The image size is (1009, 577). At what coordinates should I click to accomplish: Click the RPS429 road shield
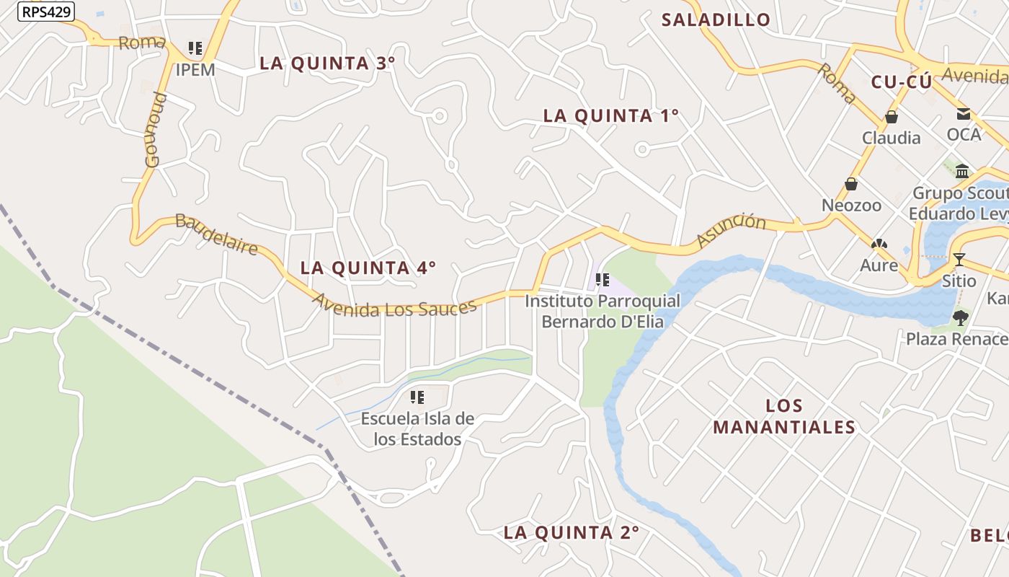[x=45, y=12]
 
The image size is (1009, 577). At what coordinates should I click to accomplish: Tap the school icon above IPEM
[x=195, y=48]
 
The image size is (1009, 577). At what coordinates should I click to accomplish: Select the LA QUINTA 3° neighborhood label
[x=327, y=63]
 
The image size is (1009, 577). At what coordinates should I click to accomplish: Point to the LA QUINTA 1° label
[x=610, y=116]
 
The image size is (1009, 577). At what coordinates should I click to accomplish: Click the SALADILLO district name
[x=716, y=20]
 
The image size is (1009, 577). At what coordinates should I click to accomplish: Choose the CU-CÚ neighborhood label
[x=901, y=82]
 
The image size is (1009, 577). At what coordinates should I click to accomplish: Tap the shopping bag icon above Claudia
[x=892, y=117]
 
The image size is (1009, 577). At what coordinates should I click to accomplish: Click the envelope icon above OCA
[x=964, y=114]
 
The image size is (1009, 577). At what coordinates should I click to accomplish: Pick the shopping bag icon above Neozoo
[x=851, y=185]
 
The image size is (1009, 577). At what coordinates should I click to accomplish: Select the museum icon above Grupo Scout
[x=962, y=172]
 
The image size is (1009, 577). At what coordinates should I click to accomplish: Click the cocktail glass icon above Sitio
[x=959, y=260]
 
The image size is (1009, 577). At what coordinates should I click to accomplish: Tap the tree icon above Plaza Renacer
[x=960, y=317]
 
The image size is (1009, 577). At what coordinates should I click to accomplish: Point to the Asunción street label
[x=731, y=231]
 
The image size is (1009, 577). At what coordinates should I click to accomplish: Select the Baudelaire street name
[x=217, y=234]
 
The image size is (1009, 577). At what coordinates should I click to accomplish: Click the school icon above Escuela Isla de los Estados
[x=417, y=397]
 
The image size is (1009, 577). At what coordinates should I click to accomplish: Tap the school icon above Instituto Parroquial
[x=603, y=280]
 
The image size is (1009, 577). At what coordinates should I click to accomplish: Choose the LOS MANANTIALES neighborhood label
[x=784, y=416]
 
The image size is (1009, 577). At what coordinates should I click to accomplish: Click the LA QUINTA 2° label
[x=571, y=533]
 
